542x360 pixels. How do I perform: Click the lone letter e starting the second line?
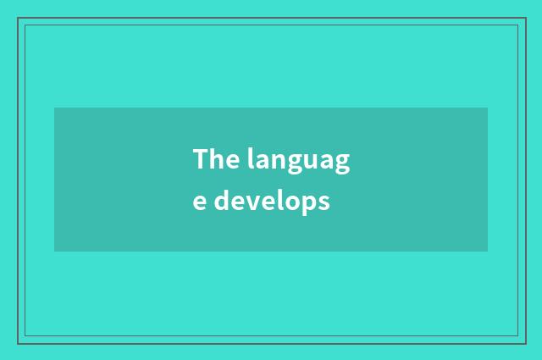pyautogui.click(x=199, y=204)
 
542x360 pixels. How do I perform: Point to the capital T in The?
pyautogui.click(x=201, y=158)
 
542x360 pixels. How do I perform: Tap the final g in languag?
pyautogui.click(x=342, y=163)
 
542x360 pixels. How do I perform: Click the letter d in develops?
pyautogui.click(x=220, y=202)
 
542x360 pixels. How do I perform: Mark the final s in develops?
pyautogui.click(x=323, y=204)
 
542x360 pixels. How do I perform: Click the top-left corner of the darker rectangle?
pyautogui.click(x=54, y=108)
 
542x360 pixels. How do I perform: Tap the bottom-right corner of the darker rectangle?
pyautogui.click(x=488, y=252)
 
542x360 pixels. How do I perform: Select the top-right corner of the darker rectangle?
pyautogui.click(x=488, y=108)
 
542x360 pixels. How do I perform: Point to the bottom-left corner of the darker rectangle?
pyautogui.click(x=54, y=252)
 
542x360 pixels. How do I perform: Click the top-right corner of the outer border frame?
pyautogui.click(x=525, y=18)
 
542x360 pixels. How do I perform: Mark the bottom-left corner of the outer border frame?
pyautogui.click(x=18, y=343)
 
